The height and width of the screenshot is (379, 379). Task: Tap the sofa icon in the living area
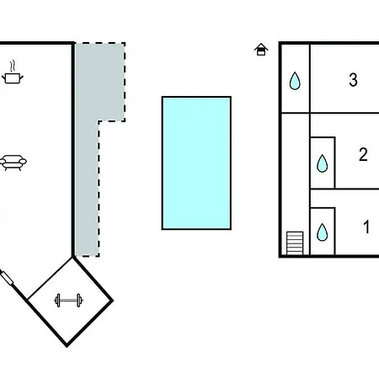click(13, 163)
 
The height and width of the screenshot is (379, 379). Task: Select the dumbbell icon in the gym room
click(68, 301)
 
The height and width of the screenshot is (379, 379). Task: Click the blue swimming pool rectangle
click(196, 163)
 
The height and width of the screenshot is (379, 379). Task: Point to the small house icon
click(261, 50)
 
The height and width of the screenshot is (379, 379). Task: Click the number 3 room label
click(353, 80)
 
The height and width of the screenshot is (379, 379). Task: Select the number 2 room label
click(363, 154)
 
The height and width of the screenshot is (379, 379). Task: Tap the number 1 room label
click(366, 227)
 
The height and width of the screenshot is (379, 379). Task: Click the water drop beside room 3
click(295, 81)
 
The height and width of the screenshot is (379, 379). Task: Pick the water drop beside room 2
click(323, 163)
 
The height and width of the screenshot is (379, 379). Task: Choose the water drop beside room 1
click(323, 232)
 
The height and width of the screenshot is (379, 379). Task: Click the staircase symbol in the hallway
click(295, 243)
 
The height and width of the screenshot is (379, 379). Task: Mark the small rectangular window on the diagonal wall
click(7, 278)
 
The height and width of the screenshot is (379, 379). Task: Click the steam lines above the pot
click(13, 67)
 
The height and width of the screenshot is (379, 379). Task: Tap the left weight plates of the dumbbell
click(58, 301)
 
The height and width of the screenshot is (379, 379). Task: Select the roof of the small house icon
click(261, 46)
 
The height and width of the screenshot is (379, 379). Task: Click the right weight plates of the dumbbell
click(79, 301)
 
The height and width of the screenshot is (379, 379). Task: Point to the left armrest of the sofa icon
click(3, 162)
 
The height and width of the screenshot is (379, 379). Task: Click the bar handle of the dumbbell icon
click(68, 301)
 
